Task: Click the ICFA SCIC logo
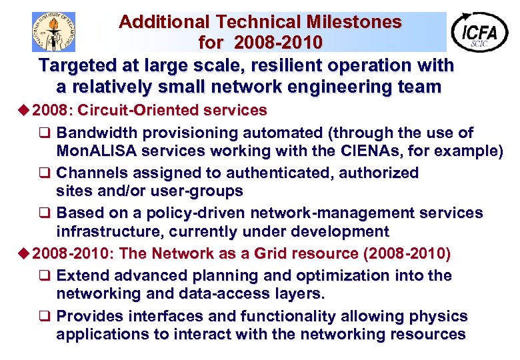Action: (x=479, y=31)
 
